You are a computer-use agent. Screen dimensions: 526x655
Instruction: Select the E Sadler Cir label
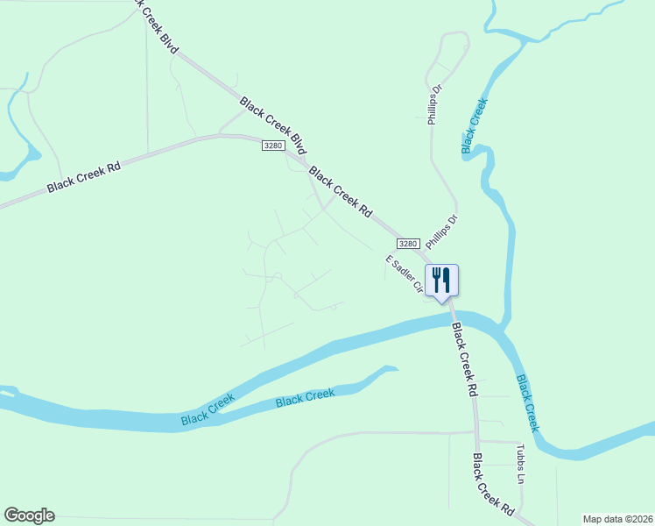coord(404,274)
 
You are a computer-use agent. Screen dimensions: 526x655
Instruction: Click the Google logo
coord(29,515)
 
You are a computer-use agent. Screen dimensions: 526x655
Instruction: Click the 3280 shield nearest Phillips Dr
coord(407,243)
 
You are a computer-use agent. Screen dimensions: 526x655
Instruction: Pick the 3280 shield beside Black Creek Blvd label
coord(272,146)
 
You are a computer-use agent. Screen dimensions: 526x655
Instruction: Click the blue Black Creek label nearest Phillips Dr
coord(474,122)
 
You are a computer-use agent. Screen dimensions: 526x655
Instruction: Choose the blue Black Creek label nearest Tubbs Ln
coord(528,403)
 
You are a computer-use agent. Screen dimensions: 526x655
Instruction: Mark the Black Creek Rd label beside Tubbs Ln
coord(493,484)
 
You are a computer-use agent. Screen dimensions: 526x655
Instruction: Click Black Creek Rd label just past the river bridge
coord(465,360)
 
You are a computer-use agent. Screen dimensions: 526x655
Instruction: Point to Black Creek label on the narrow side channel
coord(305,398)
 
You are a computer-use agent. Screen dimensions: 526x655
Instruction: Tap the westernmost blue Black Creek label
coord(208,410)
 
